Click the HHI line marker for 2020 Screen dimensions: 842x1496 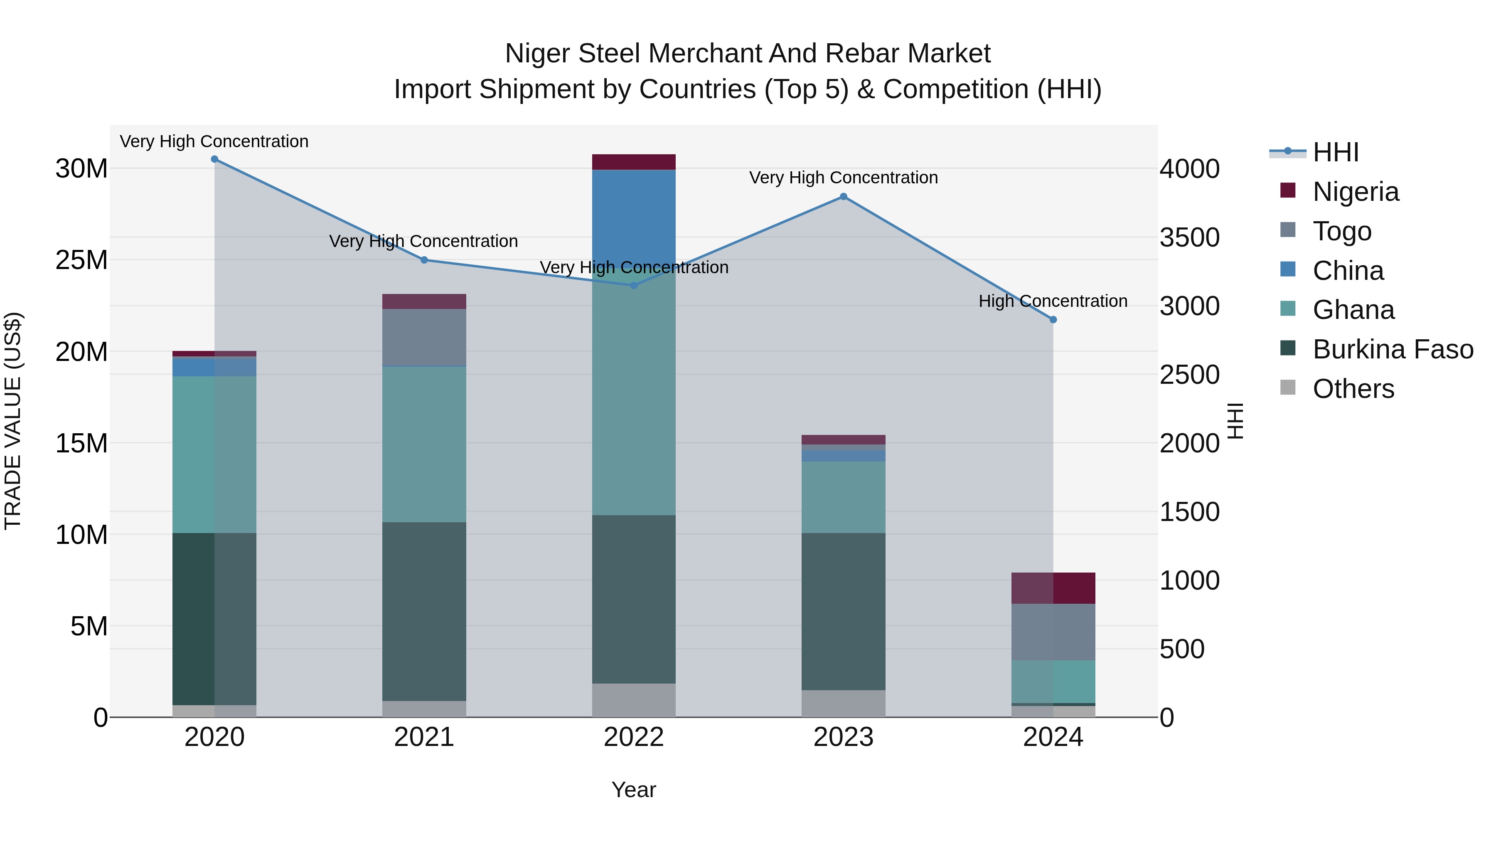pyautogui.click(x=214, y=159)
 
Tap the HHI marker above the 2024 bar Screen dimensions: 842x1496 pyautogui.click(x=1053, y=320)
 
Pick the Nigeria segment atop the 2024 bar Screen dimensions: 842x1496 pyautogui.click(x=1053, y=588)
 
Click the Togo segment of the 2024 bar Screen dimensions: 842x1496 pyautogui.click(x=1053, y=632)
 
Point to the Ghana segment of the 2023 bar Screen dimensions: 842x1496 pyautogui.click(x=843, y=497)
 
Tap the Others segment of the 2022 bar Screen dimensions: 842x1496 pyautogui.click(x=634, y=700)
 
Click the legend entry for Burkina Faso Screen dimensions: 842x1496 pyautogui.click(x=1393, y=350)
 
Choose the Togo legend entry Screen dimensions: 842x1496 pyautogui.click(x=1341, y=231)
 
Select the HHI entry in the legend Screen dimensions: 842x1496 pyautogui.click(x=1335, y=152)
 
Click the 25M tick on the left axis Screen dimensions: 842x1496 pyautogui.click(x=82, y=260)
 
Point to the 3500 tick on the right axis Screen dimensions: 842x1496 pyautogui.click(x=1189, y=238)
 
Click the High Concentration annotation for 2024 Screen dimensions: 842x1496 pyautogui.click(x=1053, y=301)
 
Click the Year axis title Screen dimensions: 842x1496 pyautogui.click(x=634, y=790)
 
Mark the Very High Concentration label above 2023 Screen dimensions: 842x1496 pyautogui.click(x=843, y=178)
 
